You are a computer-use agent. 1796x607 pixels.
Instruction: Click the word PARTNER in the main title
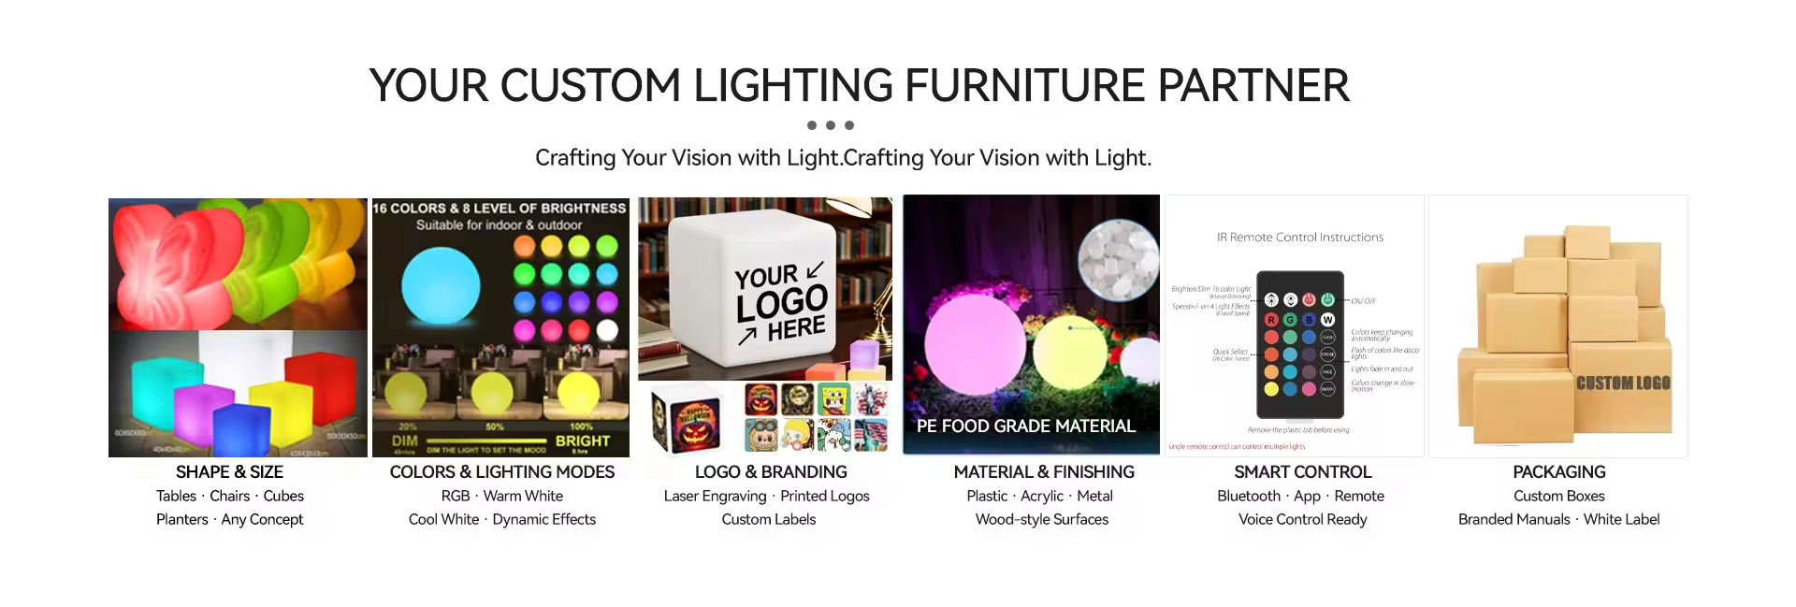click(x=1253, y=86)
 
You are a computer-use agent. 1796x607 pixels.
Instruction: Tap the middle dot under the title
click(x=831, y=125)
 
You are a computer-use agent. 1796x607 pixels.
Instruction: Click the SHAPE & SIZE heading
click(x=229, y=472)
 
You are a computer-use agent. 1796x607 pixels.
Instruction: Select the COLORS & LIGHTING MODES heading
click(x=501, y=472)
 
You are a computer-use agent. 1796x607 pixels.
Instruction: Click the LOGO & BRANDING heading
click(x=770, y=472)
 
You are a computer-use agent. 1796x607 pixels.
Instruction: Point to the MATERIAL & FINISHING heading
click(x=1043, y=472)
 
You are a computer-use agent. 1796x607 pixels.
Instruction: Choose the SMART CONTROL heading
click(x=1302, y=472)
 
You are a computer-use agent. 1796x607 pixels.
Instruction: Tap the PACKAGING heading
click(x=1558, y=472)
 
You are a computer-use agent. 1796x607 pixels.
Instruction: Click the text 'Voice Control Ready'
click(x=1302, y=519)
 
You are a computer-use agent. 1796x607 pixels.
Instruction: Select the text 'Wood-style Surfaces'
click(x=1041, y=519)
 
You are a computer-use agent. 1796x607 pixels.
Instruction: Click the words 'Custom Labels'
click(x=768, y=519)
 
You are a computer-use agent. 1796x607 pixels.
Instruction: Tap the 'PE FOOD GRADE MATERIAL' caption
click(x=1025, y=426)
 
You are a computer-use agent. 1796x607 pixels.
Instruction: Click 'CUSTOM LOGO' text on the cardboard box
click(x=1622, y=383)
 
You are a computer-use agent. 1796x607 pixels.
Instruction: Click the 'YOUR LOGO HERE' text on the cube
click(x=781, y=302)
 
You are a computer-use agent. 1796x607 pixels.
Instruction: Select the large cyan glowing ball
click(x=441, y=284)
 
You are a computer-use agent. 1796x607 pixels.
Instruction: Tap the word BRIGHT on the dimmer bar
click(x=582, y=441)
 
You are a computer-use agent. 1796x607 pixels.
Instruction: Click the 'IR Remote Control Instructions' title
click(x=1299, y=238)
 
